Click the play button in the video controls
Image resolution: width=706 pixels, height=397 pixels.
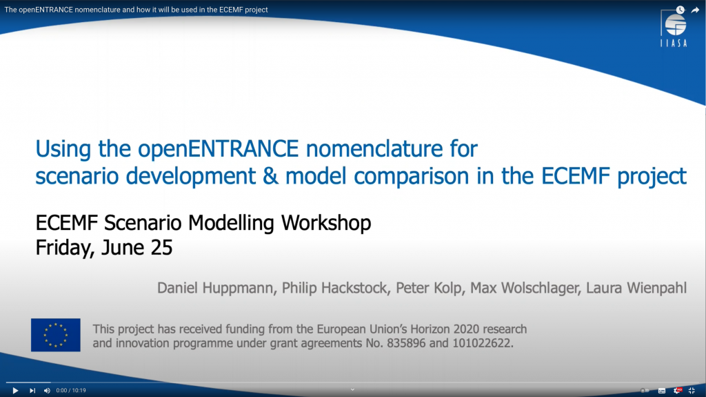[x=15, y=391]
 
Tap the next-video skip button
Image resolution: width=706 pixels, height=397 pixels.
[x=32, y=391]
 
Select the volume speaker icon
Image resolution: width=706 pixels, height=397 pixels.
[x=47, y=391]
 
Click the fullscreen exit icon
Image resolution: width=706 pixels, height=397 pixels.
[x=692, y=391]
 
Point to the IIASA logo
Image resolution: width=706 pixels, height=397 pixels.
[x=674, y=29]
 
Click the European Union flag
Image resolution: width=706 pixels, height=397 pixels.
[x=56, y=335]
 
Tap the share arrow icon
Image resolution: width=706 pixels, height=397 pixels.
[x=695, y=10]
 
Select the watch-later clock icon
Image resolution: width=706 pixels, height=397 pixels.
[x=680, y=10]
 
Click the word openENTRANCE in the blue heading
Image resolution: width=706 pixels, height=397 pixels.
[x=219, y=149]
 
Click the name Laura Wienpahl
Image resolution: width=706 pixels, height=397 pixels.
[x=636, y=288]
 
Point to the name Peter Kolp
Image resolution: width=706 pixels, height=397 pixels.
[x=429, y=288]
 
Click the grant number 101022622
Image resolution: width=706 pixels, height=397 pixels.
[x=483, y=343]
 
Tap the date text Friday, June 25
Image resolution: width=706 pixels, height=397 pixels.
[x=104, y=248]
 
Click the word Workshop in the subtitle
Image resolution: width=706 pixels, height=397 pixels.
[x=326, y=223]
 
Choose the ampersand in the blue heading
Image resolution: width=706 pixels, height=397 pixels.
[x=270, y=176]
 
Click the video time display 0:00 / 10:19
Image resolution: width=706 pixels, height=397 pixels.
[x=71, y=391]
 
